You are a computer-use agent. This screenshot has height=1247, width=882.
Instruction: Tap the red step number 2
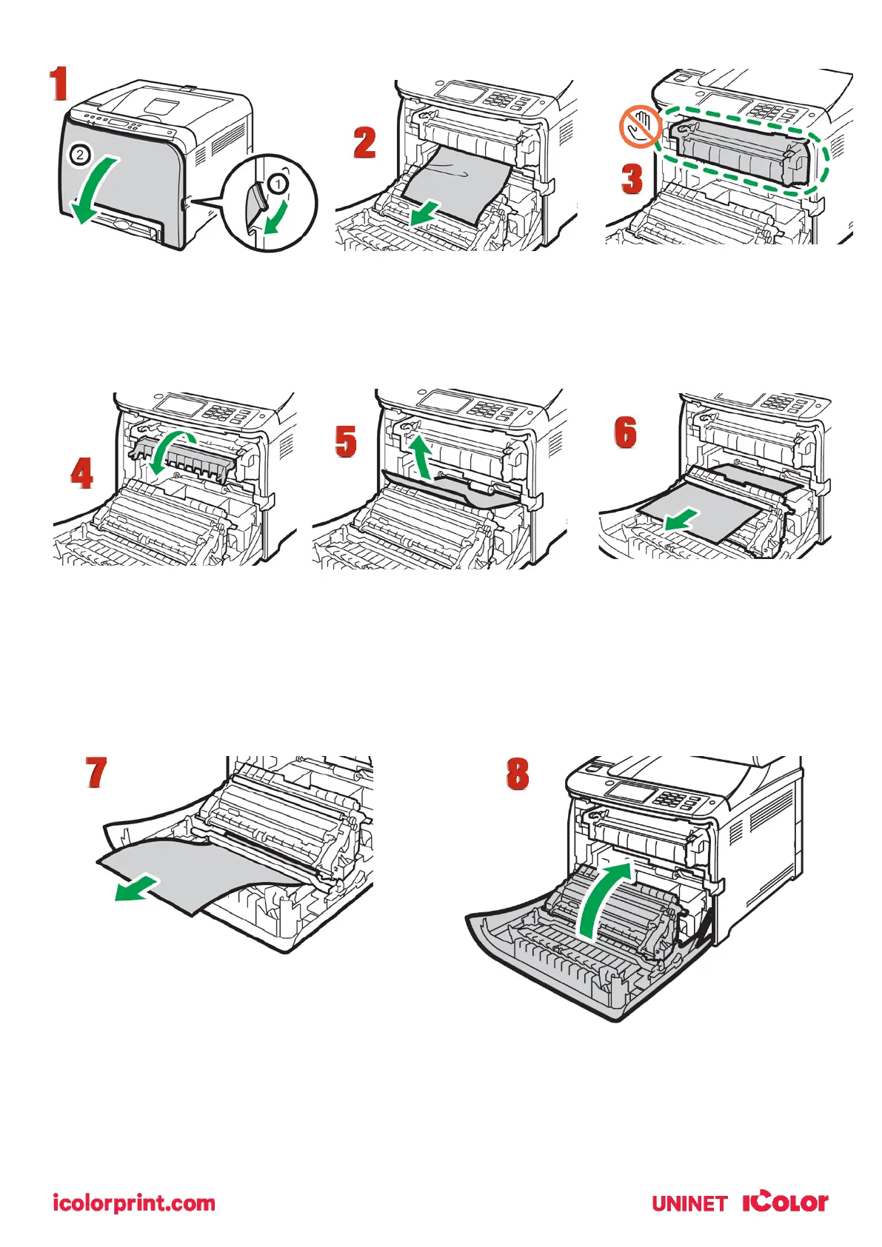pyautogui.click(x=364, y=143)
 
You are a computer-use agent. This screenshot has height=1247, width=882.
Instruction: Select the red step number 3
pyautogui.click(x=631, y=179)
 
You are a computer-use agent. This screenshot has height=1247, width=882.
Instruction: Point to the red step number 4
pyautogui.click(x=81, y=473)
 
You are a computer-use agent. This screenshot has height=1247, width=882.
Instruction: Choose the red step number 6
pyautogui.click(x=625, y=432)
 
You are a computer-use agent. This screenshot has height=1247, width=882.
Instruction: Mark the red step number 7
pyautogui.click(x=96, y=773)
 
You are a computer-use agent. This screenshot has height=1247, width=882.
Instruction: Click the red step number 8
pyautogui.click(x=518, y=774)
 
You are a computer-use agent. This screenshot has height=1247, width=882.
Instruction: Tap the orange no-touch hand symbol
pyautogui.click(x=640, y=127)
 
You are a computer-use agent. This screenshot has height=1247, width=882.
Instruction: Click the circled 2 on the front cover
pyautogui.click(x=81, y=156)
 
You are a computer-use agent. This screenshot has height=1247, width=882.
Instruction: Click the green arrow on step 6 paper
pyautogui.click(x=681, y=519)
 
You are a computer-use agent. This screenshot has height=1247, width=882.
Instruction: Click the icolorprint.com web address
pyautogui.click(x=134, y=1203)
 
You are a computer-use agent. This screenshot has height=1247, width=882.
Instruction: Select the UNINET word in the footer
pyautogui.click(x=689, y=1203)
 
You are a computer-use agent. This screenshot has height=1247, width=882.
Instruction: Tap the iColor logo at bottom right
pyautogui.click(x=785, y=1201)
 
